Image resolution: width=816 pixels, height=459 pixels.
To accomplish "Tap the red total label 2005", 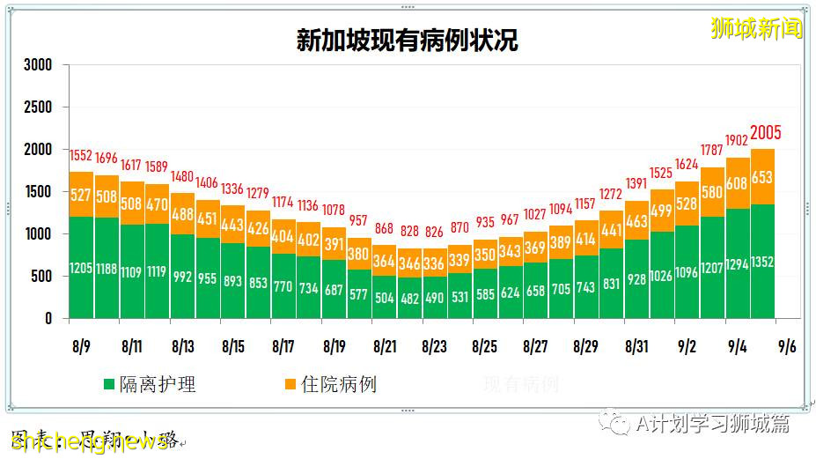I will [765, 134].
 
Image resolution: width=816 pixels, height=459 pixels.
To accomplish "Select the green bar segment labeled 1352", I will [763, 261].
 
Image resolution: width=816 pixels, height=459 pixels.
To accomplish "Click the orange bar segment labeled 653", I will [763, 176].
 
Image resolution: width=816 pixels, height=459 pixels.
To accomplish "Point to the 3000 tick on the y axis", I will [38, 65].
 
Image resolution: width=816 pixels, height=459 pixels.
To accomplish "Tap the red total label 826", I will [435, 232].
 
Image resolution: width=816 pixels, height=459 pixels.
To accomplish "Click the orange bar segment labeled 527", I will [82, 195].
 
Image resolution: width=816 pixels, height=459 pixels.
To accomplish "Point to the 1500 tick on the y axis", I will [38, 192].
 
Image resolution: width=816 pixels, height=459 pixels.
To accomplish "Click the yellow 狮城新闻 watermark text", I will [756, 28].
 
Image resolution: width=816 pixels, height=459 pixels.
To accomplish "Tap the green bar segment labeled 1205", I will [82, 267].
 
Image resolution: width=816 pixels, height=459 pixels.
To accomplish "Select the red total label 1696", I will [107, 159].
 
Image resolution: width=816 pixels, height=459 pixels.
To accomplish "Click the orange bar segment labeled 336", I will [435, 263].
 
